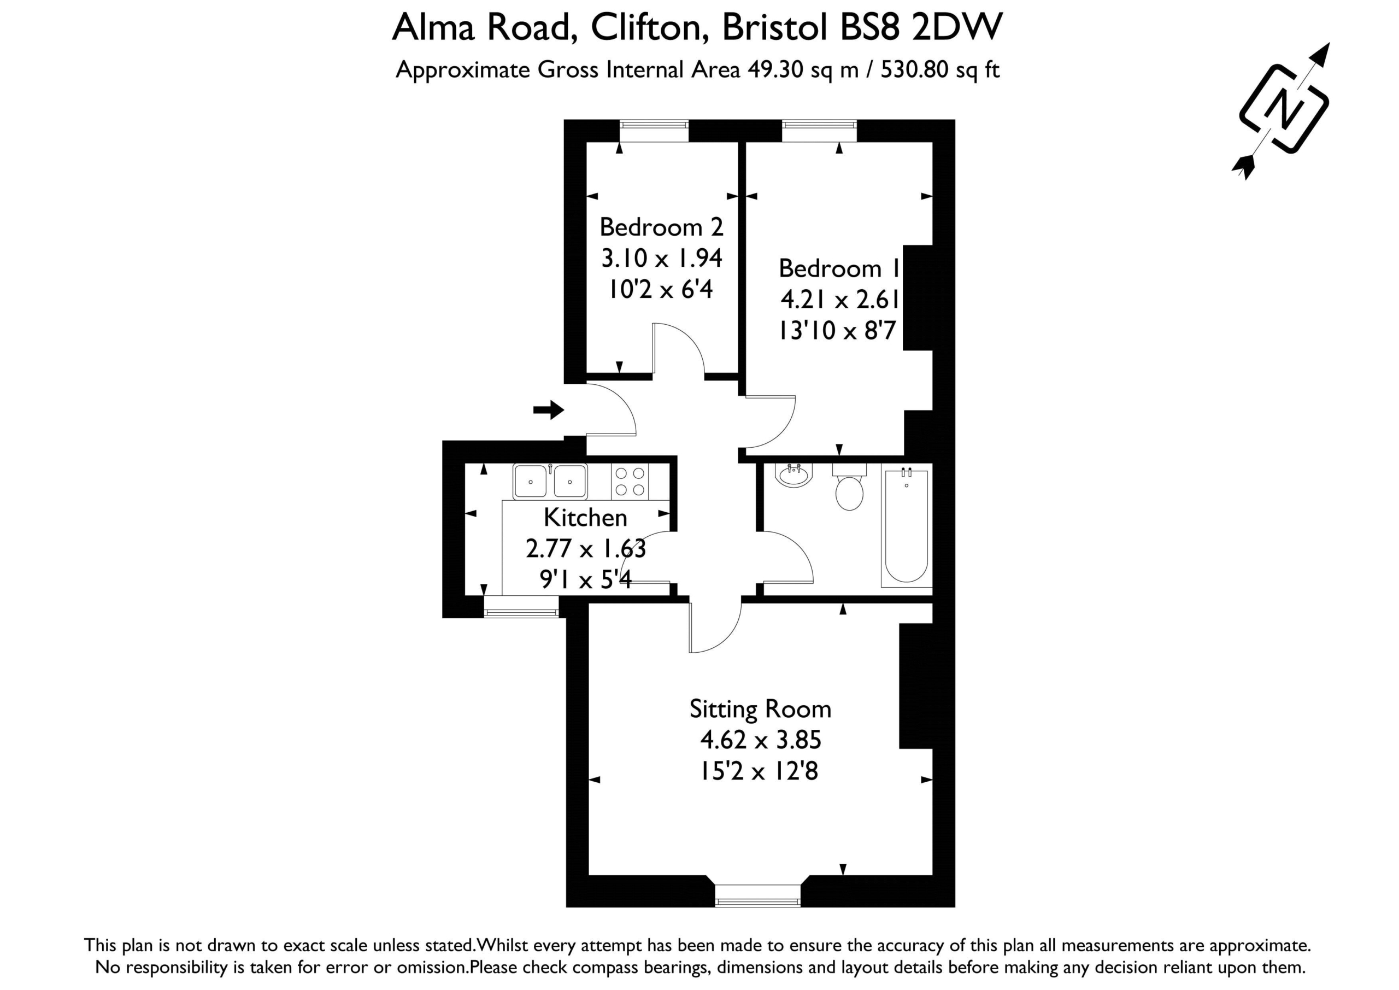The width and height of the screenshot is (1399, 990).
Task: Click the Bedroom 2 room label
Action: [x=661, y=227]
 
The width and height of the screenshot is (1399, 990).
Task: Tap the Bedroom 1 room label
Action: [x=839, y=268]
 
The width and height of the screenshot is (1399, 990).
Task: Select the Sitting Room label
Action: [x=760, y=709]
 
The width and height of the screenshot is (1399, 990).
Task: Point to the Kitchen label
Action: [x=585, y=517]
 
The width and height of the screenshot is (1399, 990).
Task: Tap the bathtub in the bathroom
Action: [x=906, y=525]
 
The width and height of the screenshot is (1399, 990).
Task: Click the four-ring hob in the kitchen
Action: [x=630, y=482]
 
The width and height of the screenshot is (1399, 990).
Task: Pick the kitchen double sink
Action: [x=550, y=482]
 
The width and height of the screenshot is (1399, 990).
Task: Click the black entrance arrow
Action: [x=548, y=409]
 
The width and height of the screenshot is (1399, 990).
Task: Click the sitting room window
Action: [x=757, y=895]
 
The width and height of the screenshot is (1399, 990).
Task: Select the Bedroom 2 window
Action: [x=654, y=131]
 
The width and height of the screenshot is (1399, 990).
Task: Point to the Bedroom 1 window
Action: [x=819, y=131]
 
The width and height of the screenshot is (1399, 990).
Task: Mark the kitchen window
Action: [x=521, y=607]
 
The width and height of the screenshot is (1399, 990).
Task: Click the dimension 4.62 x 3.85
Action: [x=760, y=740]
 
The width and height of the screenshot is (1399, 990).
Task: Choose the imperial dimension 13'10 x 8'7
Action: [x=837, y=330]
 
